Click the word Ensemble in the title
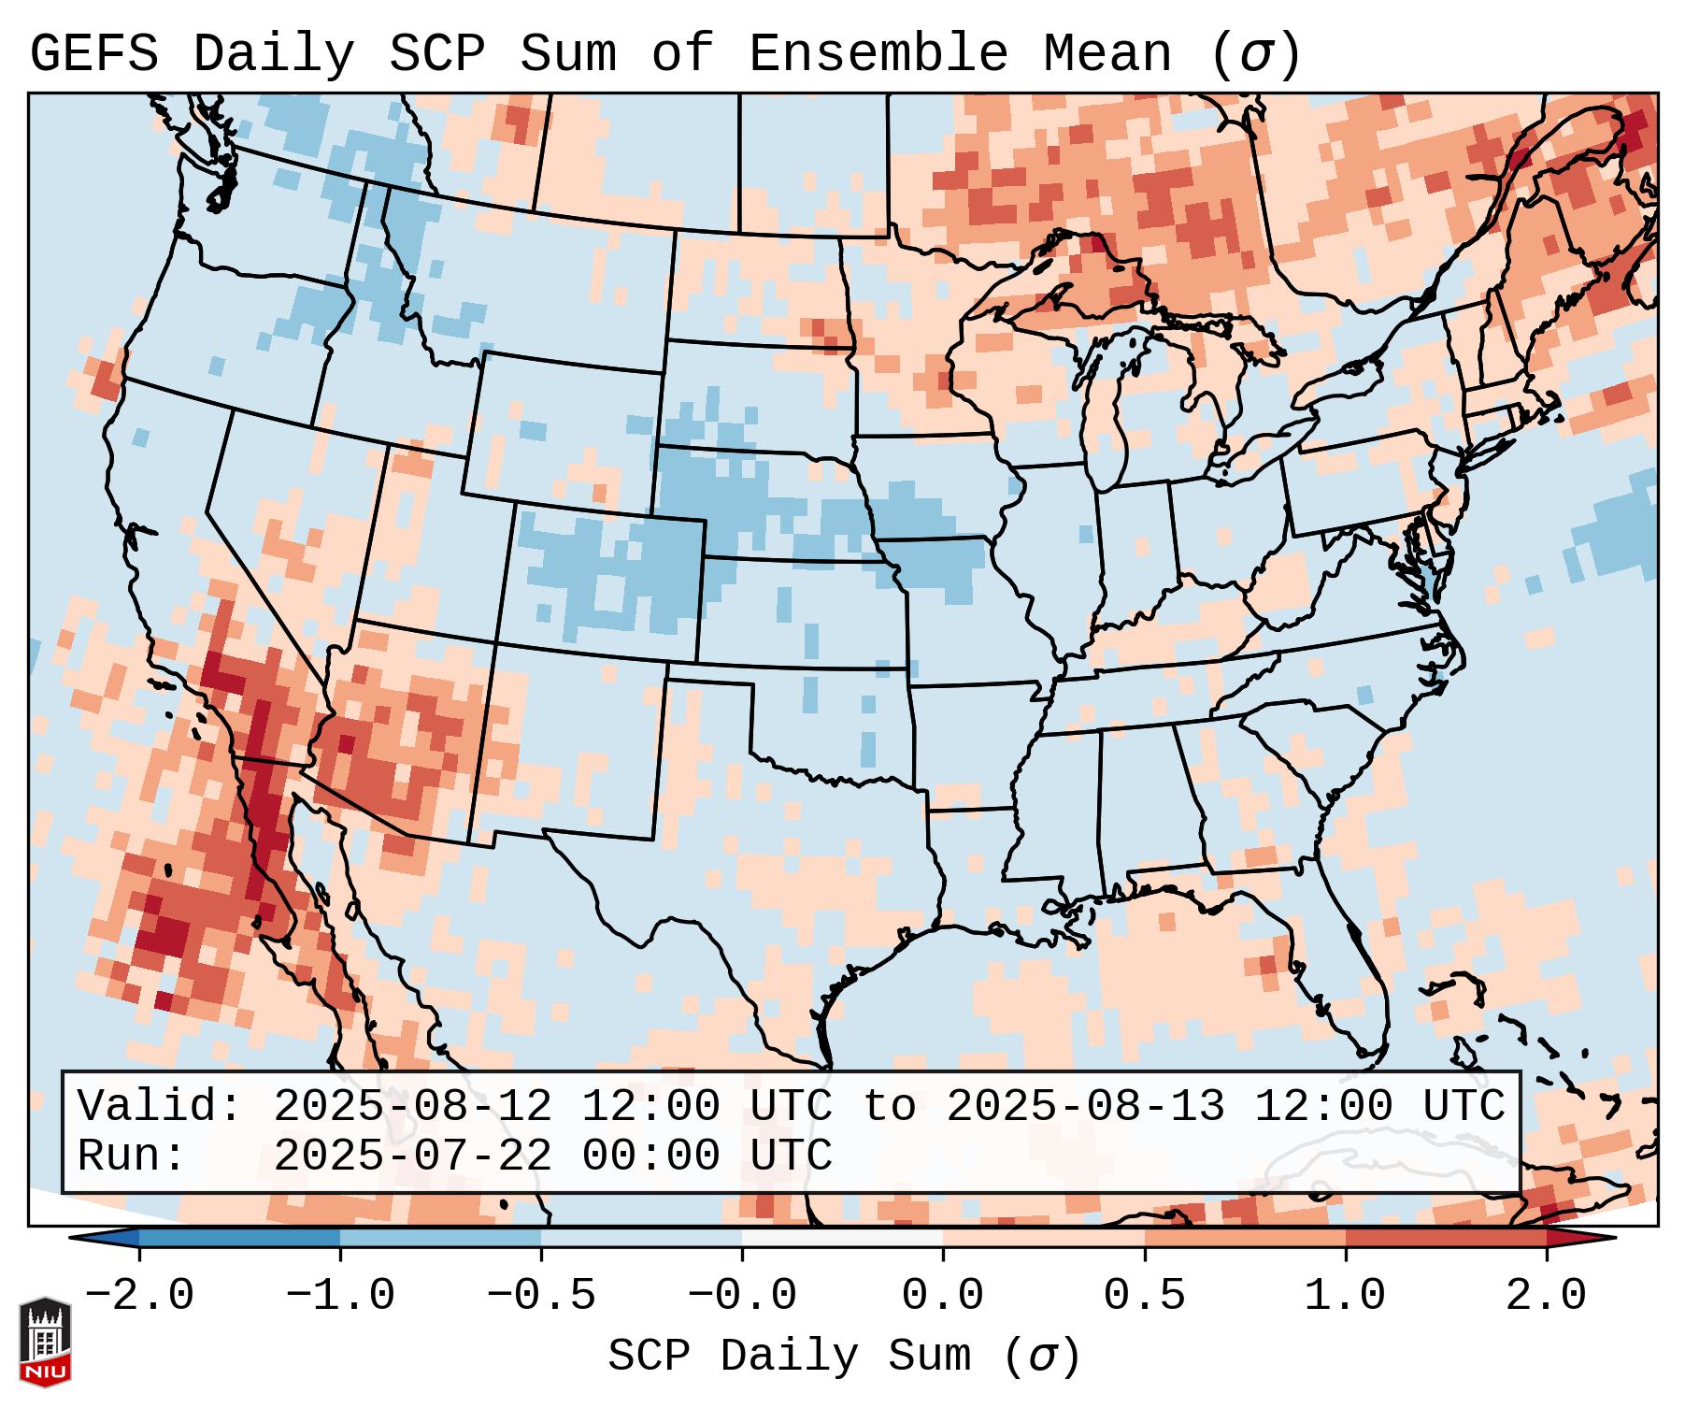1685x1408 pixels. pos(878,54)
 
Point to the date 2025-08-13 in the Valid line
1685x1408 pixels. pos(1085,1106)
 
